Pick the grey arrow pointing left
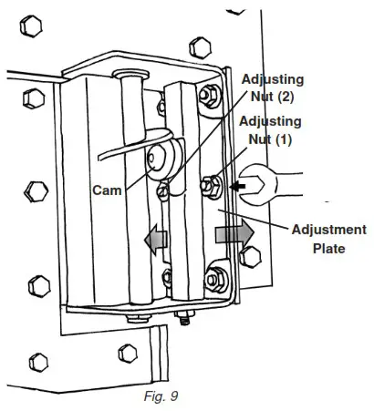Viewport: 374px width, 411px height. (156, 239)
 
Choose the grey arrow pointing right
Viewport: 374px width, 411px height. (232, 233)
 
